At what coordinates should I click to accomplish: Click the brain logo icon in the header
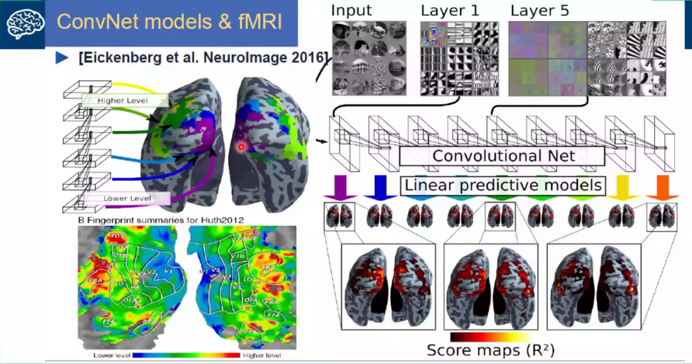click(22, 24)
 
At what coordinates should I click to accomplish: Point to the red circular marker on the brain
click(242, 147)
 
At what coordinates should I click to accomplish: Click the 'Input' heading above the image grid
click(350, 11)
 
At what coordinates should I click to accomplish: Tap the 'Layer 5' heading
click(539, 11)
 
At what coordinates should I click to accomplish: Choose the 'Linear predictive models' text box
click(503, 186)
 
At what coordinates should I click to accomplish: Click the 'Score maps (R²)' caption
click(491, 350)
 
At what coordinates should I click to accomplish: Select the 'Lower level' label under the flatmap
click(112, 355)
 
